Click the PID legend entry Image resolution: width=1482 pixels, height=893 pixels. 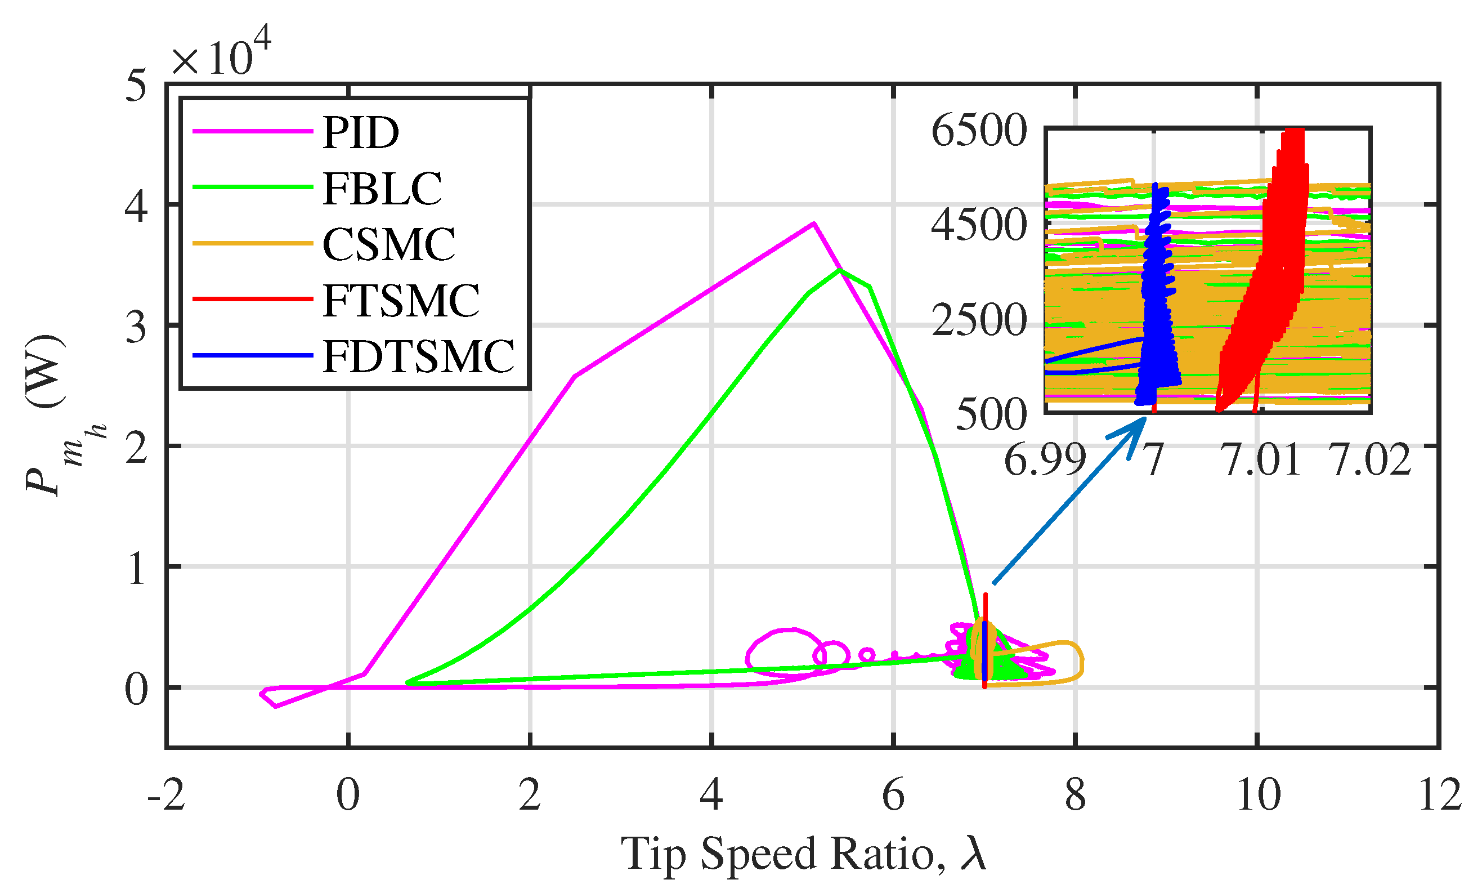click(x=360, y=133)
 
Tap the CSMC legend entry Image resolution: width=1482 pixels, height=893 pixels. click(x=388, y=244)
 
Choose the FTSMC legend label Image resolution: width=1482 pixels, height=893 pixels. click(x=400, y=300)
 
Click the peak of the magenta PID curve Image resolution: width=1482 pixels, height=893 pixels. click(x=813, y=224)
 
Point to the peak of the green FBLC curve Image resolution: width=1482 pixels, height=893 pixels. click(x=840, y=270)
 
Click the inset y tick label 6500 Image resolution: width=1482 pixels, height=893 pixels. click(x=979, y=131)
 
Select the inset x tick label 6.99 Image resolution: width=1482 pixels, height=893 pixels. click(x=1045, y=461)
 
